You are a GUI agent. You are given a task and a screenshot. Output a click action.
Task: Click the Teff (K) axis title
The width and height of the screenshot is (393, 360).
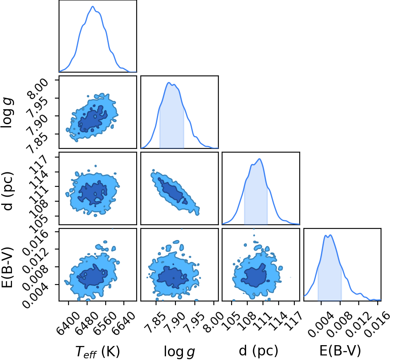tap(97, 351)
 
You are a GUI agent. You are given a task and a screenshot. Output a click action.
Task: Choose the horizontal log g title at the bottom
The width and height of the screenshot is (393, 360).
tap(179, 352)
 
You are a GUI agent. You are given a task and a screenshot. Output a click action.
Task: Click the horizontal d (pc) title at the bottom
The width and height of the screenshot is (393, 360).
tap(258, 351)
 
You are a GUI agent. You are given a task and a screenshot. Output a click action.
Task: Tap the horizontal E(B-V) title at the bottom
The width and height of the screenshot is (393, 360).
tap(340, 351)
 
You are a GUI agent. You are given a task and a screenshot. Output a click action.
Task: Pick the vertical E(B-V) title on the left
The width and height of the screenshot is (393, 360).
tap(7, 268)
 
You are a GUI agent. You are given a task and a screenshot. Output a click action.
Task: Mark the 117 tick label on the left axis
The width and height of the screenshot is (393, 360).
tap(38, 165)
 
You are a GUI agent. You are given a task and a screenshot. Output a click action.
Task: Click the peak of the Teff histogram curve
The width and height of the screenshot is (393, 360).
tap(92, 7)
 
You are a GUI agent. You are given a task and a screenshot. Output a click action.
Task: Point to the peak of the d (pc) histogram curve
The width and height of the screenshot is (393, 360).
tap(260, 159)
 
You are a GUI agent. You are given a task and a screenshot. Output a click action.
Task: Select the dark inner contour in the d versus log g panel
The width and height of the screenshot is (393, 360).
tap(173, 191)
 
